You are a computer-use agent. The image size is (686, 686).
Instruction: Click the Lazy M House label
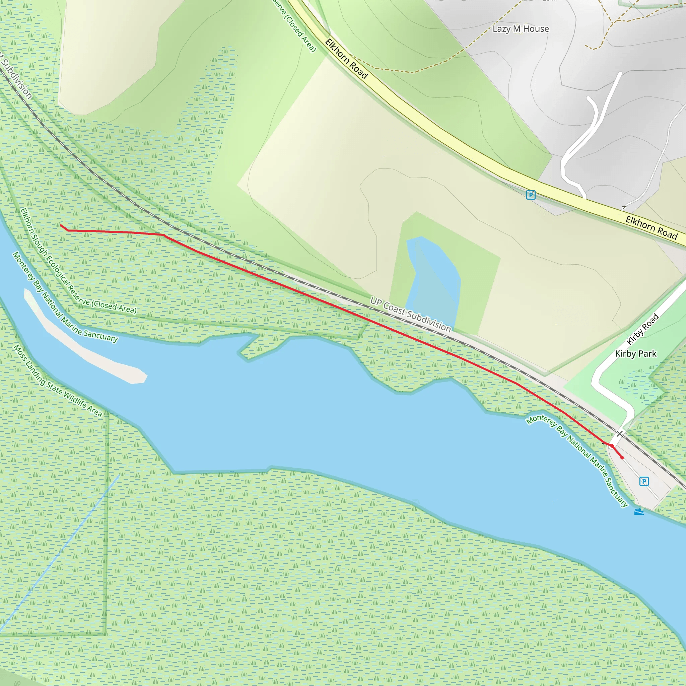click(521, 29)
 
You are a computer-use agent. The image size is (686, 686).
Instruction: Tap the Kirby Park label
click(635, 354)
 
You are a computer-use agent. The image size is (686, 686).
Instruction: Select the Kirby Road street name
click(642, 329)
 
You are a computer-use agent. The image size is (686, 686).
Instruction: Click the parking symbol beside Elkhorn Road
click(531, 195)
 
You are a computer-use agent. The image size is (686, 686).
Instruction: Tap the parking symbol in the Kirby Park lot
click(644, 481)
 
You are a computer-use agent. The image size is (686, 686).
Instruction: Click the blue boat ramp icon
click(639, 512)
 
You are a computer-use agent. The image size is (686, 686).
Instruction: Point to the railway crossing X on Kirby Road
click(619, 433)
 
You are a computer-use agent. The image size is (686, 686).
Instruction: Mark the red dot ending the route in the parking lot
click(622, 458)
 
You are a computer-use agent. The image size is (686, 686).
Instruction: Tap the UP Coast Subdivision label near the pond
click(410, 315)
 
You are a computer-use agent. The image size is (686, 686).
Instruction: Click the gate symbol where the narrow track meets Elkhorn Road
click(624, 207)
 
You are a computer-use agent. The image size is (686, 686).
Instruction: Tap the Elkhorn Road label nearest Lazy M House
click(346, 59)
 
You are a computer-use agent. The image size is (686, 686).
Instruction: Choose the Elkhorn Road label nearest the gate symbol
click(651, 227)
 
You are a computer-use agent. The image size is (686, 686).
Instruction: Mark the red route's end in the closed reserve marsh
click(61, 225)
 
